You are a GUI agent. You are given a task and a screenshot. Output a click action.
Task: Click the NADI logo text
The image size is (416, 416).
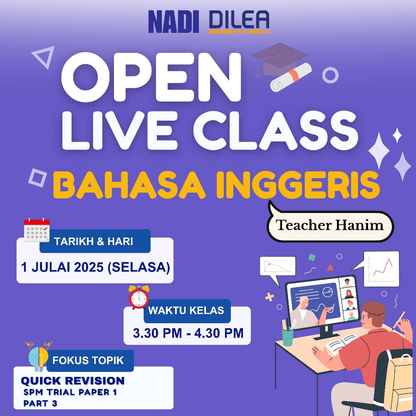(173, 22)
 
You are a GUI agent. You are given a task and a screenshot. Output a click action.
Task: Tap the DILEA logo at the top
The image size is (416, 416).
(239, 22)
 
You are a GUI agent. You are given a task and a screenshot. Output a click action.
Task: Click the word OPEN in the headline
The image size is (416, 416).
(151, 77)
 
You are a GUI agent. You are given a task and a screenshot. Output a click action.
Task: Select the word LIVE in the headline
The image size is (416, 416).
(120, 130)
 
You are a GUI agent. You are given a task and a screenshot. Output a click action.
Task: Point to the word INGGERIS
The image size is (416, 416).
(298, 185)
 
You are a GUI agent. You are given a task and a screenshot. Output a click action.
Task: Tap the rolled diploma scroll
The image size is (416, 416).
(291, 77)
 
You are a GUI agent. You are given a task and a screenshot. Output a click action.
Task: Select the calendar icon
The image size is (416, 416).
(37, 230)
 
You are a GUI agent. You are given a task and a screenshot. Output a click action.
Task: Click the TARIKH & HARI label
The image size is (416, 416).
(93, 241)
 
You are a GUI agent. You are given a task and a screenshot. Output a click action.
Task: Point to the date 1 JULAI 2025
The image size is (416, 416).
(62, 267)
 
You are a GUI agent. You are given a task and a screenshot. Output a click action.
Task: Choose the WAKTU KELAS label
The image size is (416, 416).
(186, 310)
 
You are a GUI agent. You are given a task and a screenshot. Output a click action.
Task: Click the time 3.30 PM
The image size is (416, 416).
(157, 333)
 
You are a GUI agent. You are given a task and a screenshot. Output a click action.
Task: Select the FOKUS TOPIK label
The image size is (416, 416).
(88, 360)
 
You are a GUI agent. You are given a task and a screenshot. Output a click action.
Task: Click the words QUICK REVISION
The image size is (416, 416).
(73, 381)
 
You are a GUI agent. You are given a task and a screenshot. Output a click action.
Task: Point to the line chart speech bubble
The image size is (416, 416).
(378, 269)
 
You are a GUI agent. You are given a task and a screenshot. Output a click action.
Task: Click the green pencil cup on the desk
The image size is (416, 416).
(287, 337)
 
